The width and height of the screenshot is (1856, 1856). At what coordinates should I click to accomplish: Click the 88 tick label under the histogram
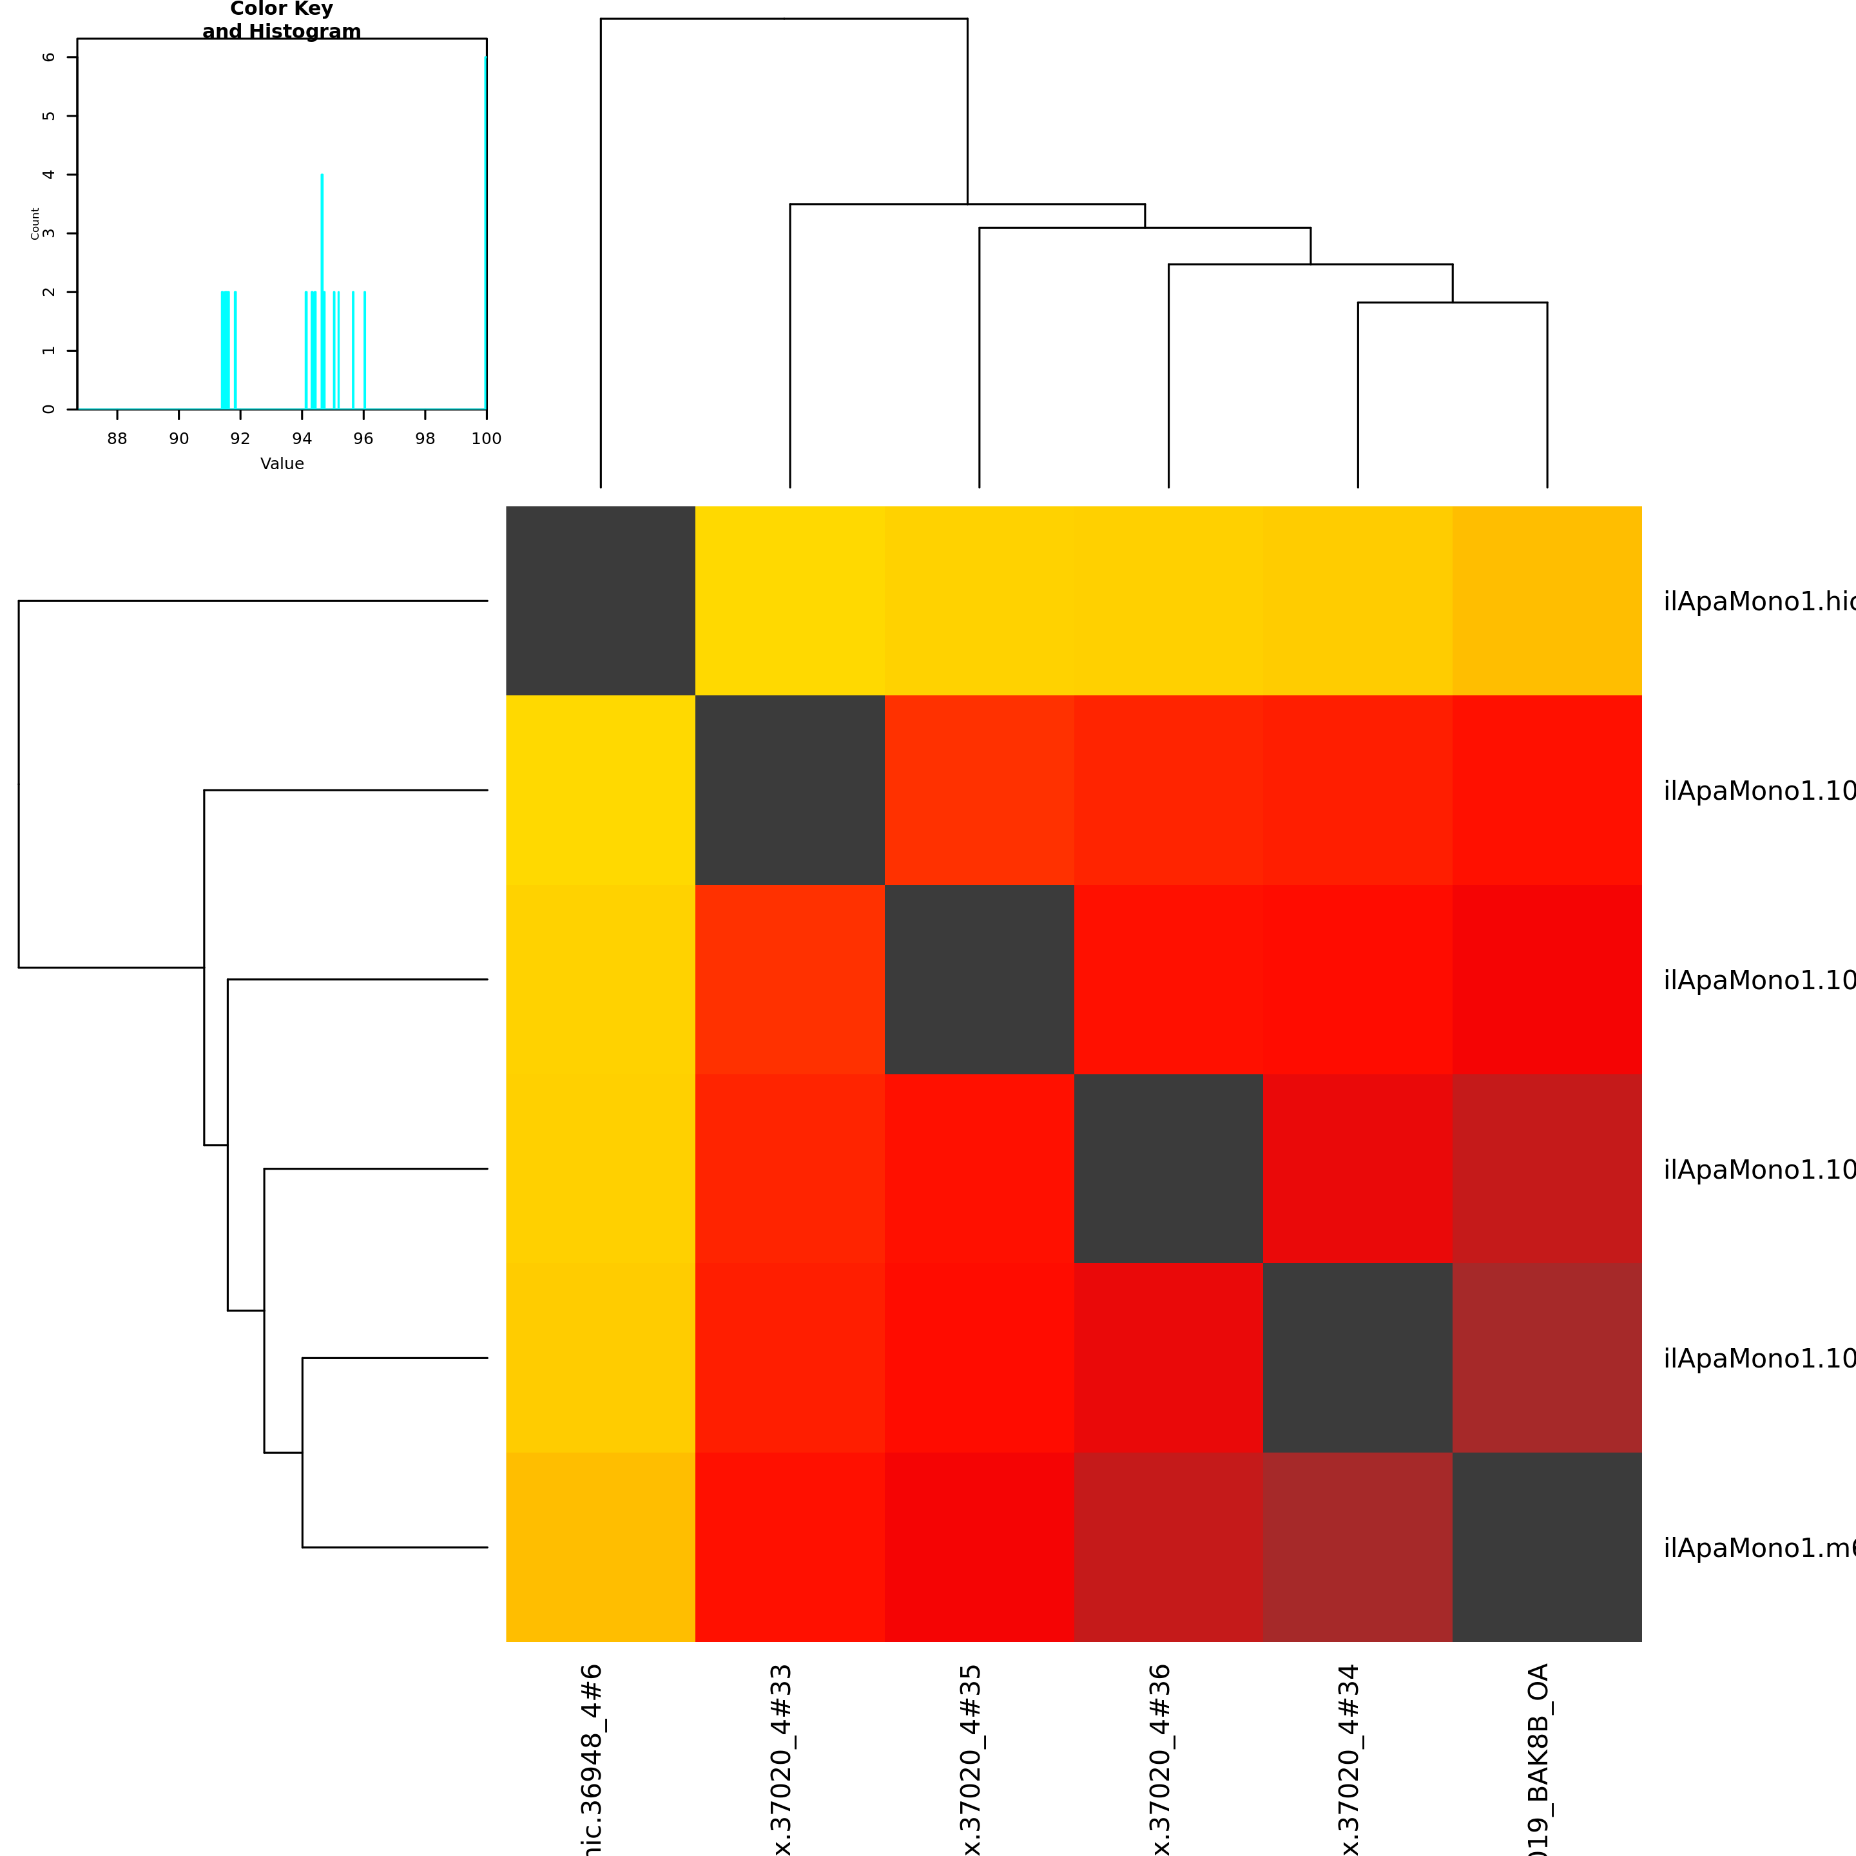[x=117, y=438]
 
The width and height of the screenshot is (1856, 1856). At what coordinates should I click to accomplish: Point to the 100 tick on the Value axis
[x=486, y=438]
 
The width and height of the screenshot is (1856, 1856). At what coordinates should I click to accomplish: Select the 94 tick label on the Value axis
[x=302, y=438]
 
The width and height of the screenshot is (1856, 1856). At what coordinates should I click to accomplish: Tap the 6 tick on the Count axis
[x=49, y=57]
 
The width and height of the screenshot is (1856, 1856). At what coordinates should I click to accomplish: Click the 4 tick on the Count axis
[x=49, y=175]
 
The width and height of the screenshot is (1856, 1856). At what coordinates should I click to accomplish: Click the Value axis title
[x=282, y=464]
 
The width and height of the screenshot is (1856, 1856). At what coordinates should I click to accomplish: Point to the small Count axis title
[x=35, y=224]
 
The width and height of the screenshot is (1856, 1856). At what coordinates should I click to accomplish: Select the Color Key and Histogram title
[x=282, y=20]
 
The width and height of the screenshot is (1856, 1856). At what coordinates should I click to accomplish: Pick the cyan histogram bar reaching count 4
[x=322, y=288]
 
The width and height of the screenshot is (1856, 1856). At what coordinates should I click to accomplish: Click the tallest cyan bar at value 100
[x=485, y=231]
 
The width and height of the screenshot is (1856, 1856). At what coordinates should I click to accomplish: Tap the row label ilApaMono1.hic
[x=1758, y=601]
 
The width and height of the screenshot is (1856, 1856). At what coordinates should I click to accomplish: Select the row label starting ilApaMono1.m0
[x=1758, y=1547]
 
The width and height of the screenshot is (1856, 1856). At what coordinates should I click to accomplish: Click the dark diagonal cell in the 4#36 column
[x=1168, y=1168]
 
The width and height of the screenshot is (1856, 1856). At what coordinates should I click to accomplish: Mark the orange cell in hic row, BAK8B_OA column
[x=1547, y=601]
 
